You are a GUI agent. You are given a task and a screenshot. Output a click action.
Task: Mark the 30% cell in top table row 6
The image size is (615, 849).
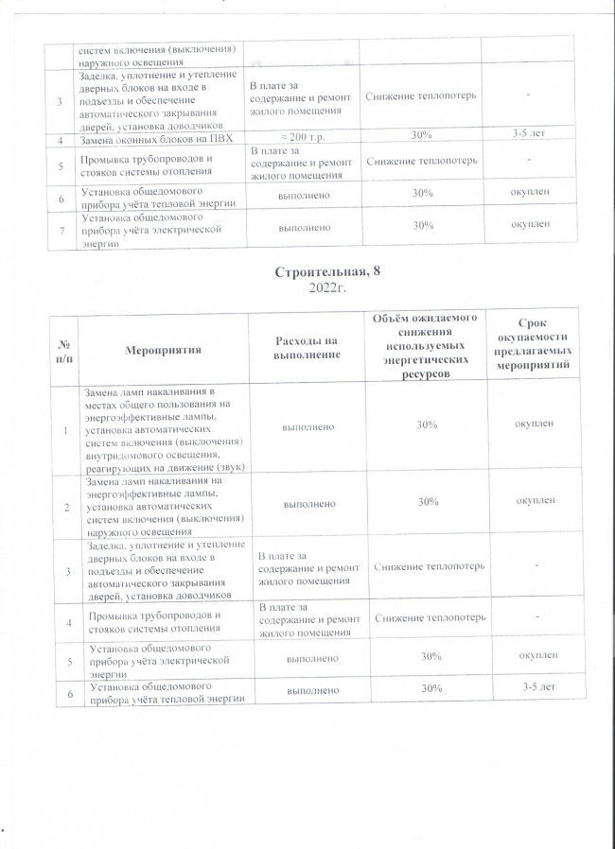tap(416, 194)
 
